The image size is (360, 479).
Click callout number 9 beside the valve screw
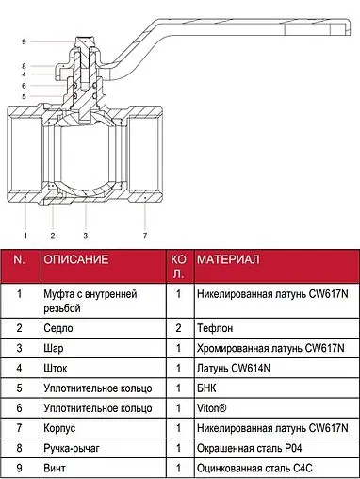point(24,41)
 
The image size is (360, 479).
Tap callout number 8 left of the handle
point(24,66)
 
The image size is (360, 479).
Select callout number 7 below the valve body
point(145,235)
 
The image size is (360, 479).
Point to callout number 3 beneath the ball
point(85,235)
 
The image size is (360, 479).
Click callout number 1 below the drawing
point(25,235)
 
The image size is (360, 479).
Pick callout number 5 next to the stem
point(24,96)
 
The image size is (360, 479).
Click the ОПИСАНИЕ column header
point(76,259)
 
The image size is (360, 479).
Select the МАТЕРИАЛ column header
point(228,259)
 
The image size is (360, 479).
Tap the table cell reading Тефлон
point(215,328)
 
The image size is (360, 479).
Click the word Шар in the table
point(54,348)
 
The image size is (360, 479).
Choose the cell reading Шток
point(56,368)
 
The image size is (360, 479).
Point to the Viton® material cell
point(211,408)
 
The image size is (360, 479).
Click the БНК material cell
point(206,388)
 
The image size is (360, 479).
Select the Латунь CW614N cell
point(234,368)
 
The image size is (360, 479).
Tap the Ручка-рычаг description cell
point(72,448)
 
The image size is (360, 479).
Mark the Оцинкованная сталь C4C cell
point(254,468)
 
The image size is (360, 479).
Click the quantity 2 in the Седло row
point(178,328)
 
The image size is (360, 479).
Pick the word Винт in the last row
point(55,468)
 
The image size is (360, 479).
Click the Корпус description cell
point(59,428)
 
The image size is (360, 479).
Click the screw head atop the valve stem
point(86,42)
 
